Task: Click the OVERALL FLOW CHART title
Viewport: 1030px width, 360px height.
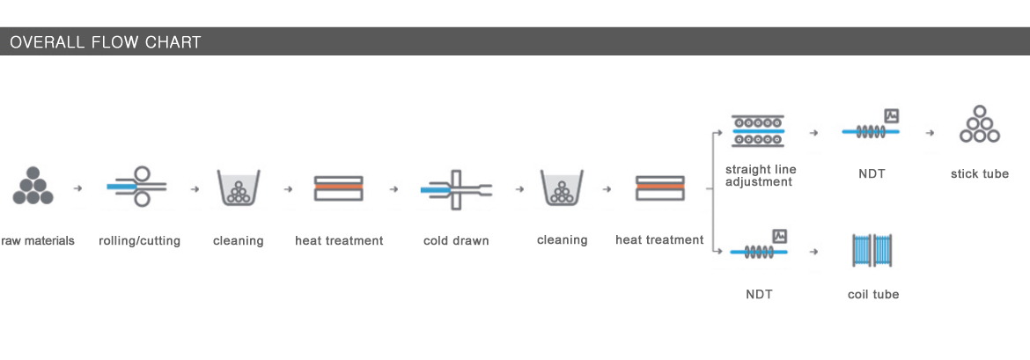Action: (105, 43)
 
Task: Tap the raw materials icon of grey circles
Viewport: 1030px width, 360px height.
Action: (33, 185)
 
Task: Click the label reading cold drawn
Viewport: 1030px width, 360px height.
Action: (456, 240)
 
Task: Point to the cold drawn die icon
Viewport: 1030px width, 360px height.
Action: (457, 189)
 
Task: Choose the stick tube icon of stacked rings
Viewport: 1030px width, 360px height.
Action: (980, 124)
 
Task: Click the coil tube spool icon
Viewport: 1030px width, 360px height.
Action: (873, 251)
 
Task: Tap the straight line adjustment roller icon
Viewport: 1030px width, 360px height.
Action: (758, 131)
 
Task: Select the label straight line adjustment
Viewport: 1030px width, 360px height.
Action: (761, 175)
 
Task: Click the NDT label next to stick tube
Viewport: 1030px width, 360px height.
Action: (872, 174)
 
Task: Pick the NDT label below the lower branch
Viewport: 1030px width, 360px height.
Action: (759, 294)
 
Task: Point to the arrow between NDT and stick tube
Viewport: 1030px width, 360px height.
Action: (930, 133)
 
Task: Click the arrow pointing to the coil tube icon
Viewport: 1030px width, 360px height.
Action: (814, 252)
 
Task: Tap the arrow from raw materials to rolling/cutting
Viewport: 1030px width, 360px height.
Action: (78, 188)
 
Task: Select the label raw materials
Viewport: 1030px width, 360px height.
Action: (38, 241)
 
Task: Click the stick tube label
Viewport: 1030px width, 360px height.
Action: (980, 174)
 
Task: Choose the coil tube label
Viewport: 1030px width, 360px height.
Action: (873, 294)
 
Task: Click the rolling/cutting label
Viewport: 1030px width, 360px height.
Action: (139, 241)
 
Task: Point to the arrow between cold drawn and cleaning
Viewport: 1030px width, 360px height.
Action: (519, 189)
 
